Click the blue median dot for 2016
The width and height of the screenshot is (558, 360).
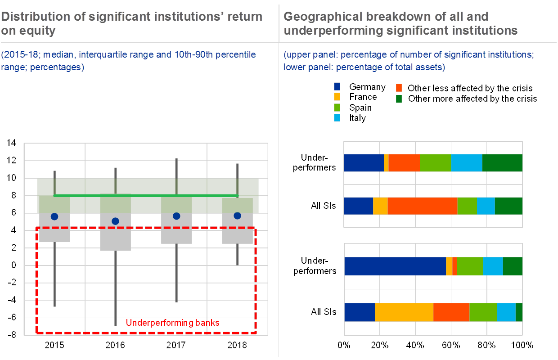tap(115, 221)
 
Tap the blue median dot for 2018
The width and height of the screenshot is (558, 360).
tap(237, 216)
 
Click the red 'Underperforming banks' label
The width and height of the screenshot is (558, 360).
tap(172, 323)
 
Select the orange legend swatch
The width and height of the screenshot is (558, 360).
tap(399, 87)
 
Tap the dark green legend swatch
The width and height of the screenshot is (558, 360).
tap(399, 98)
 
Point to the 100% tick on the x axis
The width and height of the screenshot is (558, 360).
tap(522, 346)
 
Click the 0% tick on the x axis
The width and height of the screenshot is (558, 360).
tap(344, 346)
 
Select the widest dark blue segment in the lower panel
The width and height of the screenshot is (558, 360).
tap(395, 266)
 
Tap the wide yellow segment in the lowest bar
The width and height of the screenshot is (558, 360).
tap(404, 312)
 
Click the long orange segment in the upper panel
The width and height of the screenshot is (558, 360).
tap(422, 206)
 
